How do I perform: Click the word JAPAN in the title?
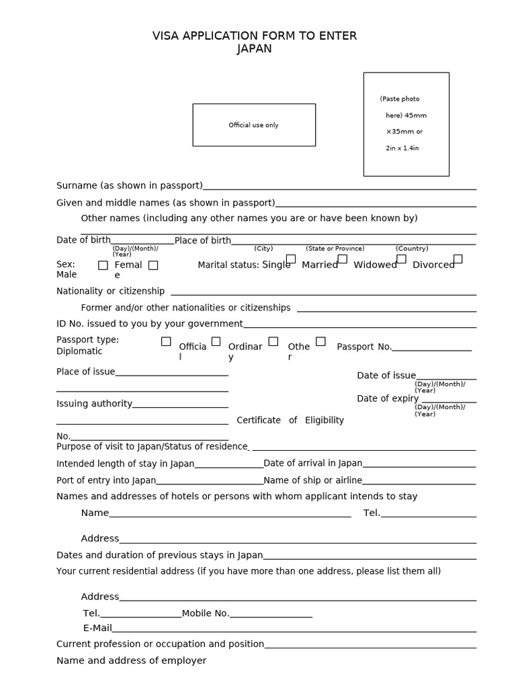pos(255,48)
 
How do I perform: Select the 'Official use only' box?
pos(253,125)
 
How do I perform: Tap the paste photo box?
pos(406,124)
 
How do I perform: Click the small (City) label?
pos(263,249)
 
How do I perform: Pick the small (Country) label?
pos(412,249)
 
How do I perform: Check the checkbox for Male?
pos(103,265)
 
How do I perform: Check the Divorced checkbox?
pos(458,259)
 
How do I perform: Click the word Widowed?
pos(375,265)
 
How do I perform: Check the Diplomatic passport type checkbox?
pos(166,341)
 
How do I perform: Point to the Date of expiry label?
pos(388,398)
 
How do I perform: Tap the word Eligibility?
pos(325,420)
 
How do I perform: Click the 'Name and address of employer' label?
pos(131,660)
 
